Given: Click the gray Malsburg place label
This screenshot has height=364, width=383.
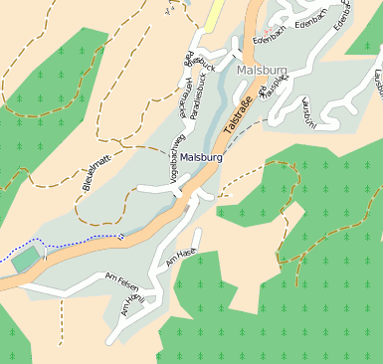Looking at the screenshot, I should [x=262, y=71].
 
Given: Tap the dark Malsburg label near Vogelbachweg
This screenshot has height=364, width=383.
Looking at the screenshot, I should [x=202, y=158].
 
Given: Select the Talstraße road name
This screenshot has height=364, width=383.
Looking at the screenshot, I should [x=239, y=117].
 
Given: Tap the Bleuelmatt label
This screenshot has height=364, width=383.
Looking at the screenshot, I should [x=95, y=170].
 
